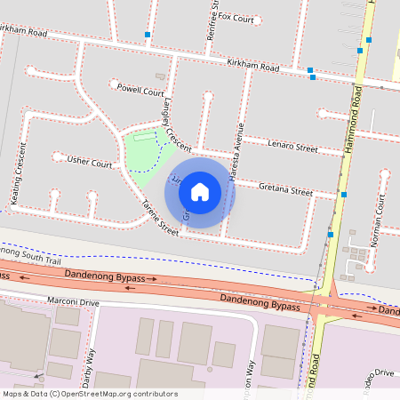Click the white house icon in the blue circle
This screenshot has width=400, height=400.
pos(200,191)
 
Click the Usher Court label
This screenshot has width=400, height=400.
pos(90,163)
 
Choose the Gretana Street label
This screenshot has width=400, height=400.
pos(285,189)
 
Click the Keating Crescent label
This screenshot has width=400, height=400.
pos(19,175)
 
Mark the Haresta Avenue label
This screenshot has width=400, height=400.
pos(236,151)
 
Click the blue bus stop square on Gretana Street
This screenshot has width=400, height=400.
pos(343,194)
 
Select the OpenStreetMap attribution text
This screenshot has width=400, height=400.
pos(90,393)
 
